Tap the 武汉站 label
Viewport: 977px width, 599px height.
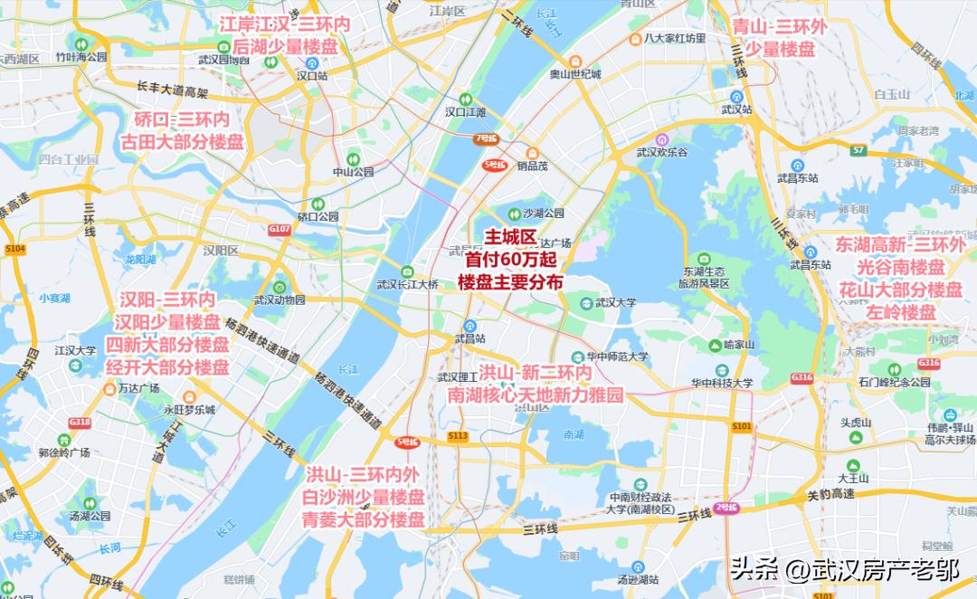737,109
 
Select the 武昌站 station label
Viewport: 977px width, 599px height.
470,338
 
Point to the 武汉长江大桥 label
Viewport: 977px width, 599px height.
407,284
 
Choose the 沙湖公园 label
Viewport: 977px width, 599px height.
543,214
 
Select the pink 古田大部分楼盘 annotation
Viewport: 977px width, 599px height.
182,142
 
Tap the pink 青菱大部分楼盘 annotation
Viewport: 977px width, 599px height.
364,519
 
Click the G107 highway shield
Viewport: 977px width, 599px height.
280,230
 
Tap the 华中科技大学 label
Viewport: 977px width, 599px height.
722,383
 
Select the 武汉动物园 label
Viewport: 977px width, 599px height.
280,299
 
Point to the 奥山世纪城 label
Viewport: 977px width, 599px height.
575,74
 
